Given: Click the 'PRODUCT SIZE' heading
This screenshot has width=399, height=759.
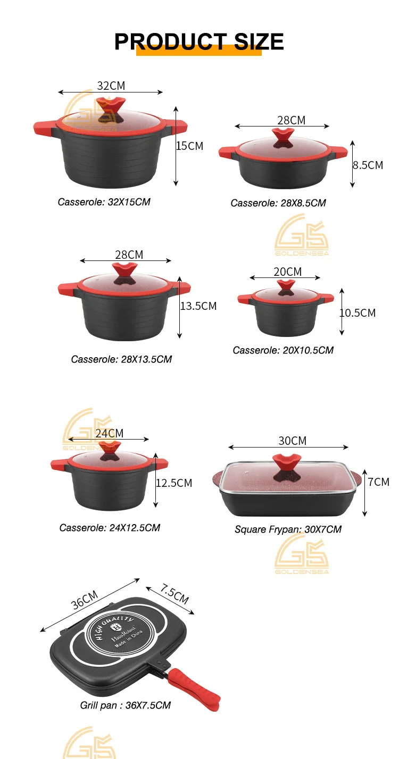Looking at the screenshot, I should click(199, 41).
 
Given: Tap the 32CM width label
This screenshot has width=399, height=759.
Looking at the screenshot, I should click(111, 86).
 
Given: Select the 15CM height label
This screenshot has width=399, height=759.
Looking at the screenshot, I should click(190, 146).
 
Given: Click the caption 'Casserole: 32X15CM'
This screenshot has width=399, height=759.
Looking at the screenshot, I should click(104, 202).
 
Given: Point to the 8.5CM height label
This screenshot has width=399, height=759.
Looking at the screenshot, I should click(368, 165).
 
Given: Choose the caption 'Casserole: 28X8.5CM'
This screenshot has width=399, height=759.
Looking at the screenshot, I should click(278, 203).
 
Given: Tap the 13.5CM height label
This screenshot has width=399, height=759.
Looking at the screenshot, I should click(198, 306).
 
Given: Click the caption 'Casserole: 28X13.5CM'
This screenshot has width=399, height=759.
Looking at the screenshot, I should click(121, 359).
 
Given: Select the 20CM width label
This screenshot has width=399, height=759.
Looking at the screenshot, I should click(287, 272).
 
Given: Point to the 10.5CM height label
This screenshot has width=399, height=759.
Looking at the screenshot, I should click(358, 313).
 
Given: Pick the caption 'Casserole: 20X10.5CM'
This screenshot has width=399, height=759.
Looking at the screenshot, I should click(283, 350).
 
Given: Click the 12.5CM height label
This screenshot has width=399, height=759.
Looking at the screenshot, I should click(174, 483).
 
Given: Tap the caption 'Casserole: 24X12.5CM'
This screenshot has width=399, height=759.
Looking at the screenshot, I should click(110, 528).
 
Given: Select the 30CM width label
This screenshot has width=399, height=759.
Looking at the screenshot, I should click(293, 441).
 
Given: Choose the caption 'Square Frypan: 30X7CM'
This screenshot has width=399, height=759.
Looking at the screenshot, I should click(288, 529).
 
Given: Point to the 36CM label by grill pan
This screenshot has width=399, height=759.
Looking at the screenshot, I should click(84, 600).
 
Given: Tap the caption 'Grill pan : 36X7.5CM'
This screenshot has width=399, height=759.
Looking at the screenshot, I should click(126, 705).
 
